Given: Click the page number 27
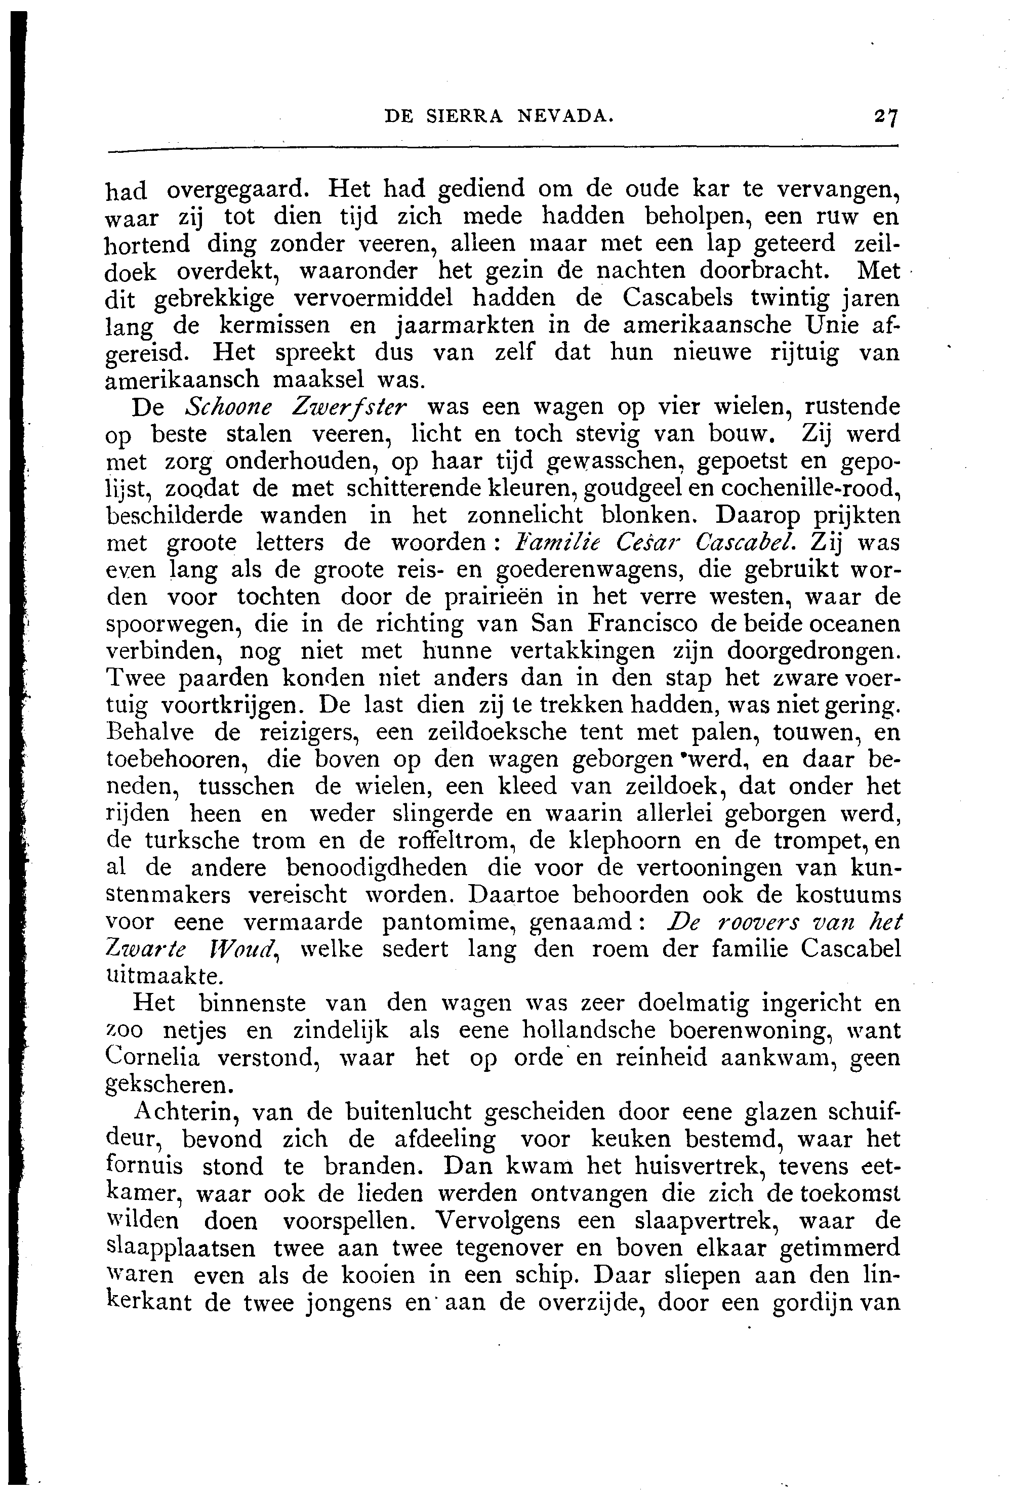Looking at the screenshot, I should pos(886,116).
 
